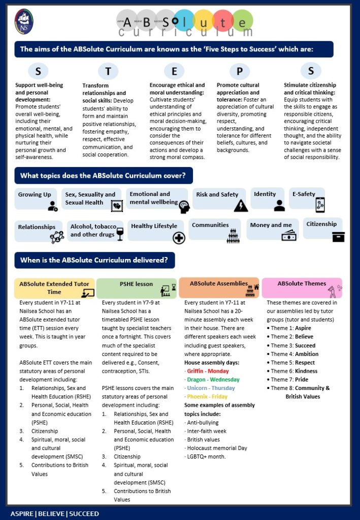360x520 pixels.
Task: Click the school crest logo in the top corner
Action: (24, 22)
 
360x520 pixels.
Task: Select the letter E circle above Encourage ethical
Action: (174, 71)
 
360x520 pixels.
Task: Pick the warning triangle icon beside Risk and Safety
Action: (241, 205)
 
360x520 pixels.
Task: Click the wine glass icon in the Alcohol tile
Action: (120, 234)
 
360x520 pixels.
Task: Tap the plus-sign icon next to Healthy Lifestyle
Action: (179, 238)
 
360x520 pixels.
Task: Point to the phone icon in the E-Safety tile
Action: (320, 205)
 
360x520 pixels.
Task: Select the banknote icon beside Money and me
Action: (289, 235)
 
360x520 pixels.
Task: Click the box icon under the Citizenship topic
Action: (338, 237)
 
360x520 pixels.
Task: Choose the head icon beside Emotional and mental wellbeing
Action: (183, 206)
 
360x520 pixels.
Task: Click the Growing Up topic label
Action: (35, 194)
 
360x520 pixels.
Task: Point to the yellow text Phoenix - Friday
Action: (206, 397)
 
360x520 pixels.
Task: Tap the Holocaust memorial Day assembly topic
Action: (217, 448)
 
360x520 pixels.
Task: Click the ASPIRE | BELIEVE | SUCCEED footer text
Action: (55, 513)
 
